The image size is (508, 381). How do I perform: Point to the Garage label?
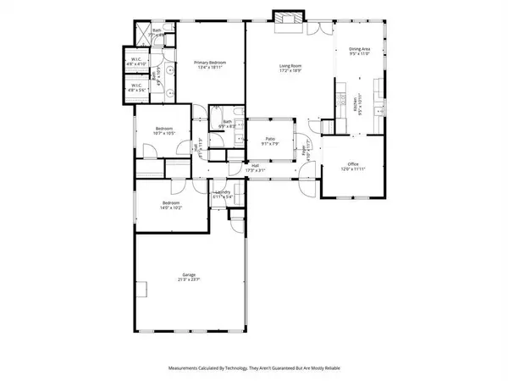pos(189,275)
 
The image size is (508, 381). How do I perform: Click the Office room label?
pos(353,166)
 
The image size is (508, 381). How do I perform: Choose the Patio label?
pos(268,140)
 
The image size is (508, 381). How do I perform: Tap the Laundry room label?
pos(223,192)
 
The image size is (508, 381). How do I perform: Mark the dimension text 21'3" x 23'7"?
pos(189,280)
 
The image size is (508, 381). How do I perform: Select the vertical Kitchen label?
pos(354,105)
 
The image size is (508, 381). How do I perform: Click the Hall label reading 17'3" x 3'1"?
pos(254,168)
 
